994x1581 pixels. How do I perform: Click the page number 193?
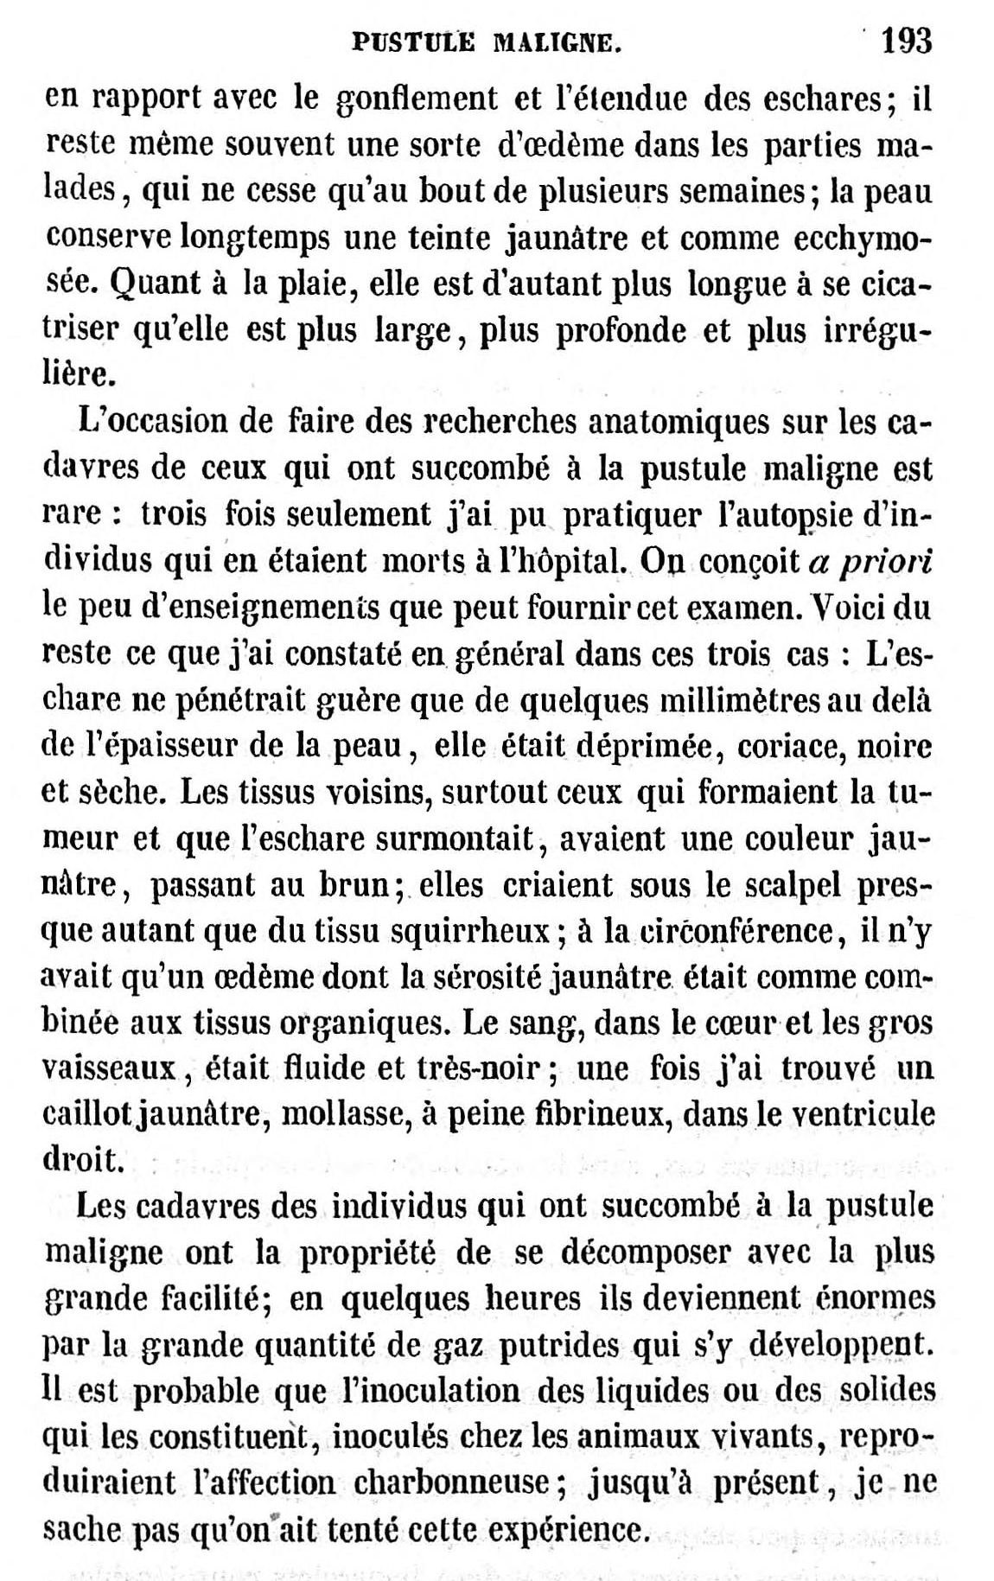[905, 40]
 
